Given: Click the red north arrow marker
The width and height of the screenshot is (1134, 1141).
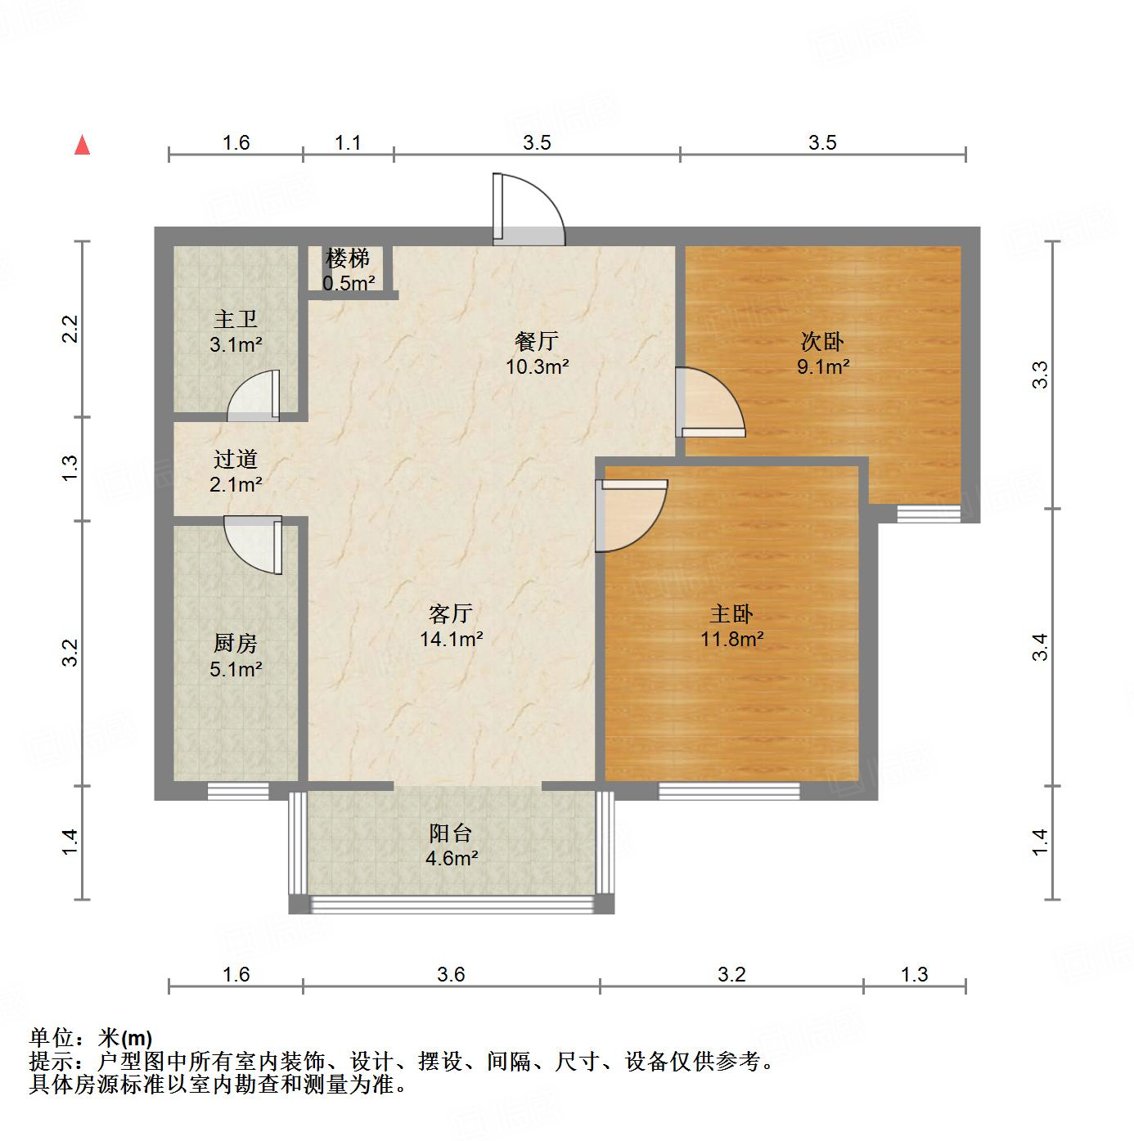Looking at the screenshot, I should [x=82, y=145].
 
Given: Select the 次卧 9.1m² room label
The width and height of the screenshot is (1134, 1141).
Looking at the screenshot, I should [x=822, y=353].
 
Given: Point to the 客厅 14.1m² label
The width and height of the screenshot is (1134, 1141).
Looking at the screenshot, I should [x=451, y=626].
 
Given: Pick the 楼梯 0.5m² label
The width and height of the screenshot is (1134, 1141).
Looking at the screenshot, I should [x=349, y=271].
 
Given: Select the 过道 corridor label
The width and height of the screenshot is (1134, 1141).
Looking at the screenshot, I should [x=236, y=471].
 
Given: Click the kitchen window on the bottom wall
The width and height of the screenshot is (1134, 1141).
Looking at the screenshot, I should [x=237, y=790].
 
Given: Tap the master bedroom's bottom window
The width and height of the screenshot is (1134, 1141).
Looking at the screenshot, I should [x=729, y=790].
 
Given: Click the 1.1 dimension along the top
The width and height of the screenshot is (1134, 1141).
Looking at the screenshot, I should [x=348, y=143].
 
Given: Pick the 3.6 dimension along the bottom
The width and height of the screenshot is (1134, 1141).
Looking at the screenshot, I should [x=451, y=974].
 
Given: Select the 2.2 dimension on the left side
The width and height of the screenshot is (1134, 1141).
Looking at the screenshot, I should [x=70, y=329].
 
